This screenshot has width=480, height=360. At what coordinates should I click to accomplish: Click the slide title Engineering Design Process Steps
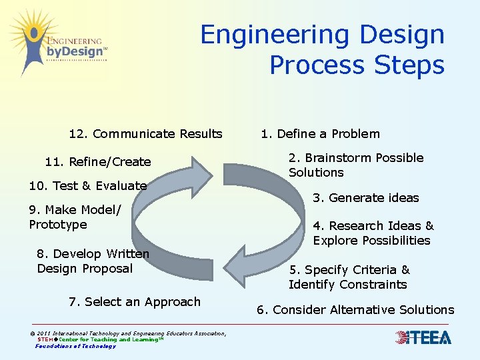[x=323, y=50]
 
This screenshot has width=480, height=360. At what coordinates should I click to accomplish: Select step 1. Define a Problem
[x=320, y=134]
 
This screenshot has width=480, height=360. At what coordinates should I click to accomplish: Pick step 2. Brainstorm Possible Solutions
[x=355, y=165]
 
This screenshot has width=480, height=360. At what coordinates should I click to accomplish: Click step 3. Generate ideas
[x=365, y=198]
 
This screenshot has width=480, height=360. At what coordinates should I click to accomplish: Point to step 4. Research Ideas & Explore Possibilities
[x=373, y=233]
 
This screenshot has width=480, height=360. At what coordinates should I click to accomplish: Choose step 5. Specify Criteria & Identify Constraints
[x=349, y=277]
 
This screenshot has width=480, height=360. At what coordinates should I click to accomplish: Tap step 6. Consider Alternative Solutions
[x=355, y=310]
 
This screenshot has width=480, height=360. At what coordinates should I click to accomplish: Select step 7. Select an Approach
[x=134, y=302]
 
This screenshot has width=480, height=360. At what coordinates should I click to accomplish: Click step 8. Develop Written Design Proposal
[x=93, y=261]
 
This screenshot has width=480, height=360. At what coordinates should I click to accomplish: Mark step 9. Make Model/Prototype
[x=75, y=217]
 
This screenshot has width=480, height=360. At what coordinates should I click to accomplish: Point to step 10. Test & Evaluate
[x=87, y=186]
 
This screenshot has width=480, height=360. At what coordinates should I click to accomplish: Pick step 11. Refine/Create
[x=97, y=162]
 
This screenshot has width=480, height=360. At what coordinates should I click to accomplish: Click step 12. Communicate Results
[x=145, y=134]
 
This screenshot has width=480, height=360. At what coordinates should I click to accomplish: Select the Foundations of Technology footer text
[x=75, y=346]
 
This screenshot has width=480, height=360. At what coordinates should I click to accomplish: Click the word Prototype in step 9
[x=58, y=225]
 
